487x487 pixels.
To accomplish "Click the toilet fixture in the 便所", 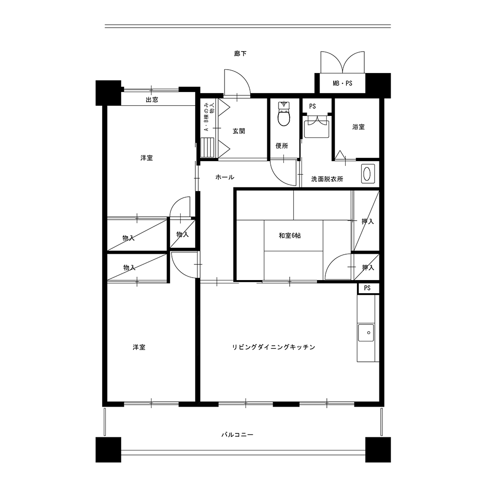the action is click(x=284, y=113).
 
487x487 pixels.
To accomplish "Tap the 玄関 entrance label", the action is click(x=239, y=131).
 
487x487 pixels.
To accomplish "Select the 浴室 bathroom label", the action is click(x=358, y=127).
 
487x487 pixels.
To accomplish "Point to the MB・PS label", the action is click(x=342, y=83).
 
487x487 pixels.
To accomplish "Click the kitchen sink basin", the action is click(x=366, y=333).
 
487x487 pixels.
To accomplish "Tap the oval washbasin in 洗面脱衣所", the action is click(x=367, y=174).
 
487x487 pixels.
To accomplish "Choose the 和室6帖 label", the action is click(x=290, y=235).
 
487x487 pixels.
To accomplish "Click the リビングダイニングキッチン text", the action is click(x=274, y=347).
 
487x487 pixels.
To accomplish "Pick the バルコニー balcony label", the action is click(x=237, y=434).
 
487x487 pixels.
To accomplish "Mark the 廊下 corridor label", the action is click(x=241, y=54).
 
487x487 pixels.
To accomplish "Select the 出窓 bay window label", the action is click(x=152, y=99).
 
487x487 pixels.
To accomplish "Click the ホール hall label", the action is click(x=225, y=177).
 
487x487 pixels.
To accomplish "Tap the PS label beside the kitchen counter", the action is click(x=367, y=288).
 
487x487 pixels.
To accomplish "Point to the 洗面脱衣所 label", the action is click(x=327, y=179).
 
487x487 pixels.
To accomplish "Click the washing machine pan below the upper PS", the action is click(x=317, y=129).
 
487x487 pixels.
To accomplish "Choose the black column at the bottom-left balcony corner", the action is click(x=108, y=450).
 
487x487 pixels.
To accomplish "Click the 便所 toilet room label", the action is click(x=281, y=146).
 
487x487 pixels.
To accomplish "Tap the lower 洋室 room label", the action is click(x=139, y=347).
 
